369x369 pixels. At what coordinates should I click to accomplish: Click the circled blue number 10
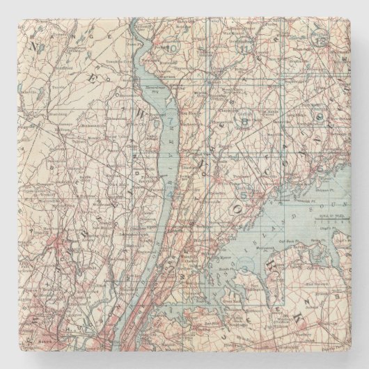click(173, 49)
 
